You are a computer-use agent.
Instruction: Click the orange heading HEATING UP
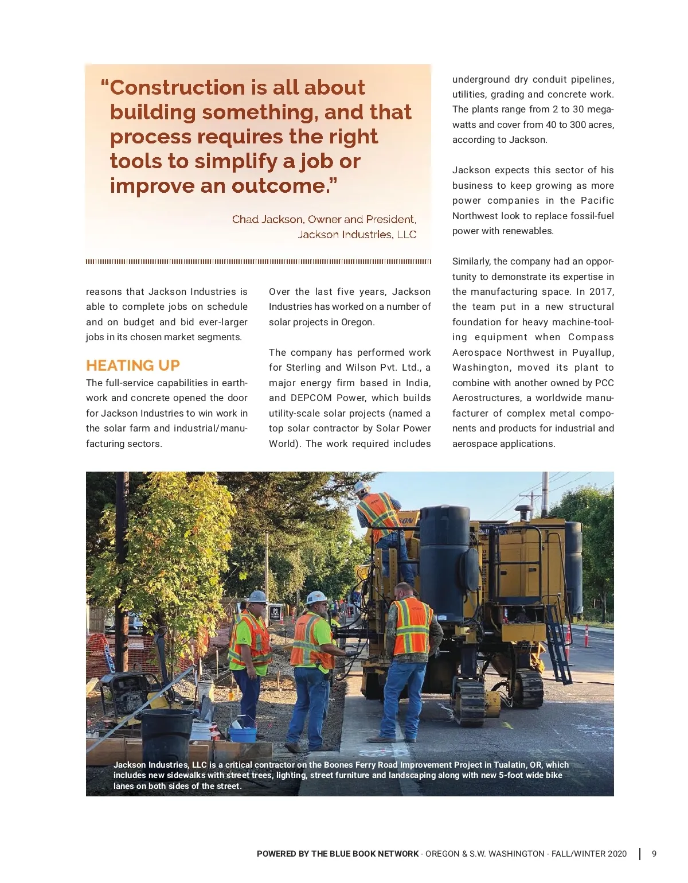click(132, 365)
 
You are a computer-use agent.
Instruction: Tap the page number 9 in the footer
click(654, 854)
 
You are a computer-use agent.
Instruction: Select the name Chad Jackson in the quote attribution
click(267, 219)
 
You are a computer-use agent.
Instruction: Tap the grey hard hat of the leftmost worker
click(258, 597)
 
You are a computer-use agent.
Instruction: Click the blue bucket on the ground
click(242, 734)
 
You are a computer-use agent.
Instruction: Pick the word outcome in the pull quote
click(279, 186)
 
